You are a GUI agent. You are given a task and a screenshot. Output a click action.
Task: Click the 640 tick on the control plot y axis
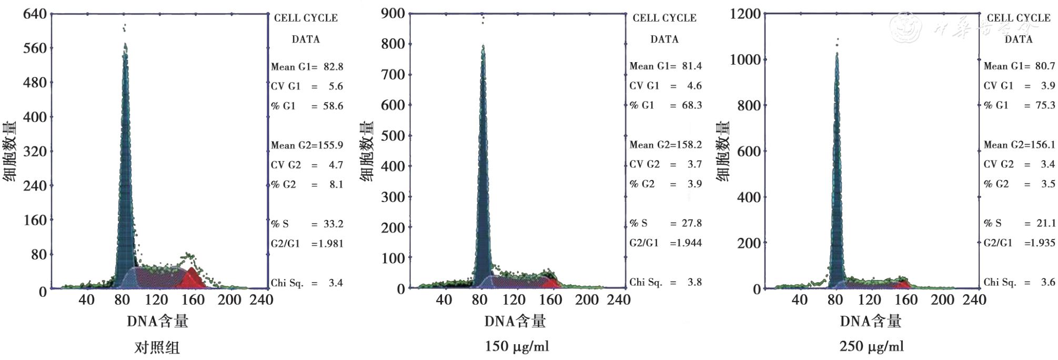pos(35,14)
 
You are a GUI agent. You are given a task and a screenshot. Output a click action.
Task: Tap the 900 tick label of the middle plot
pos(393,14)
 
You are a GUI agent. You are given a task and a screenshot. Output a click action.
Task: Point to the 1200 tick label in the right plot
pos(745,14)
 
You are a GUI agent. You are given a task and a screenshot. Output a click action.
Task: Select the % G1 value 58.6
pos(333,106)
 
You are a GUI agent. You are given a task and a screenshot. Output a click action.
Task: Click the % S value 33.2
pos(333,224)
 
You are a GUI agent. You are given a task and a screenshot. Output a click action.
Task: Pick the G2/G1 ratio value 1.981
pos(327,244)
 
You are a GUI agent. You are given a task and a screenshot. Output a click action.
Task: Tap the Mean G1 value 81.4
pos(691,66)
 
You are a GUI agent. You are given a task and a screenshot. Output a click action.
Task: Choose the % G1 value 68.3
pos(691,105)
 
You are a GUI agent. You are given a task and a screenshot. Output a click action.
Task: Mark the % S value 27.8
pos(691,223)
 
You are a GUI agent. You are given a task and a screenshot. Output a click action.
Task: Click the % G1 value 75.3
pos(1045,105)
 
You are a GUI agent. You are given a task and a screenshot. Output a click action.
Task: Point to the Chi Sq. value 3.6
pos(1047,282)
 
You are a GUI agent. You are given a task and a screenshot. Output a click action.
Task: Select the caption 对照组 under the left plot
pos(157,347)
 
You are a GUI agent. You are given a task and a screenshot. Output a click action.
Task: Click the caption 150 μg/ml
pos(517,346)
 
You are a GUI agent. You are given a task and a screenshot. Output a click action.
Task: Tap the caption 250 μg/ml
pos(871,346)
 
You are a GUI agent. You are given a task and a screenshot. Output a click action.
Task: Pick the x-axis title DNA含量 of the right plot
pos(871,321)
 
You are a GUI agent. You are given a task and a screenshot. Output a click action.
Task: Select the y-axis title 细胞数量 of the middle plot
pos(367,152)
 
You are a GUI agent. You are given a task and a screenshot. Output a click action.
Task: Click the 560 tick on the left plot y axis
pos(35,48)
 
